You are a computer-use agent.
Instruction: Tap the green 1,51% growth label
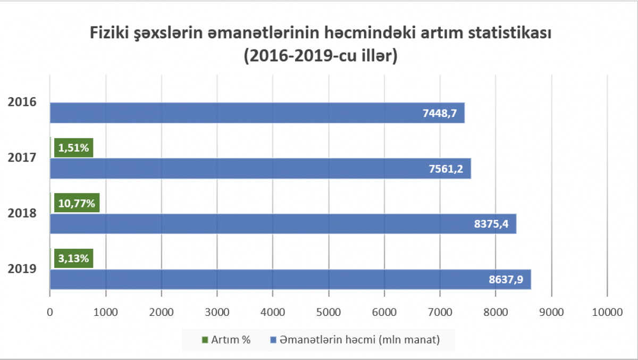74,148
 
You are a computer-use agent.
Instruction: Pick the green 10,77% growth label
77,203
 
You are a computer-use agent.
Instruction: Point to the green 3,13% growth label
74,258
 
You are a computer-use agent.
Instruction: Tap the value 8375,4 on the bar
491,224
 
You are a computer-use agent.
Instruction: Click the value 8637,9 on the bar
506,279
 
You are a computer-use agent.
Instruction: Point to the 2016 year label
22,102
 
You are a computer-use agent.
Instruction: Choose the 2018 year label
22,213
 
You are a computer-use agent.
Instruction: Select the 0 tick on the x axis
50,313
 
